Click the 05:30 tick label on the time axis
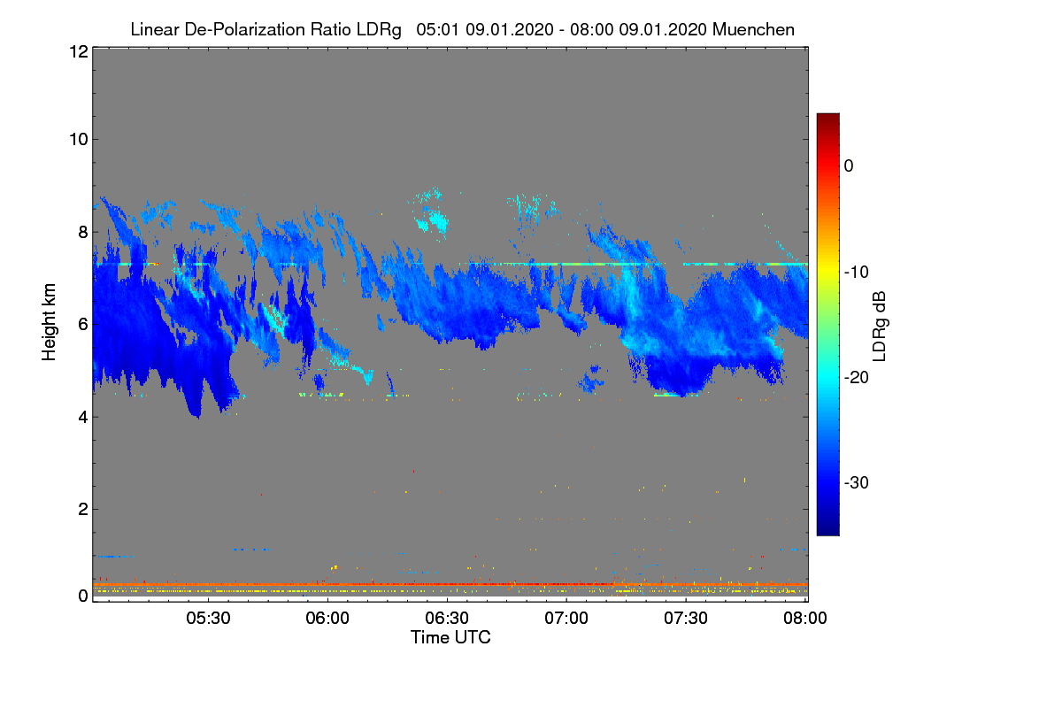click(209, 619)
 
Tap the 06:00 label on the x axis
click(328, 619)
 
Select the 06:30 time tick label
click(448, 619)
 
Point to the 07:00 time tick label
click(567, 619)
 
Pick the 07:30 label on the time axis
click(687, 619)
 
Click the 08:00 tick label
click(805, 619)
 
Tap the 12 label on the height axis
click(77, 52)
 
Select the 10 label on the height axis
click(77, 139)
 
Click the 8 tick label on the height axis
click(81, 232)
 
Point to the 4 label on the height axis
click(81, 417)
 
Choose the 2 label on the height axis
click(81, 509)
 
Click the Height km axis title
click(50, 323)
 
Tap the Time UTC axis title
click(450, 637)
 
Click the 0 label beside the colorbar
click(849, 166)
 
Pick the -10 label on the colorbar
click(855, 272)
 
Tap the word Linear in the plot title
click(153, 30)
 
